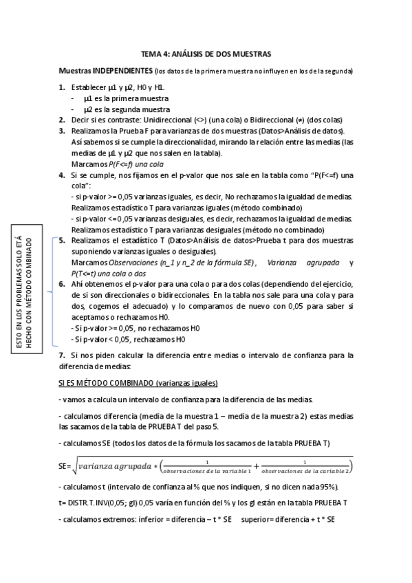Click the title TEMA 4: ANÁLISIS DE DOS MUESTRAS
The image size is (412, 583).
[206, 53]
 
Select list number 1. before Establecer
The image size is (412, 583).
[62, 88]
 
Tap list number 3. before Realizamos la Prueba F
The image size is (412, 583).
[62, 131]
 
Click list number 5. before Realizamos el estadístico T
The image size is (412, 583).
[62, 241]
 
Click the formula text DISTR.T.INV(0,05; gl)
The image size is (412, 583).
[101, 503]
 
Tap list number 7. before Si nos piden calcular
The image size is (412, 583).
[62, 355]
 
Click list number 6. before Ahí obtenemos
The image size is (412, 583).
[62, 284]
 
